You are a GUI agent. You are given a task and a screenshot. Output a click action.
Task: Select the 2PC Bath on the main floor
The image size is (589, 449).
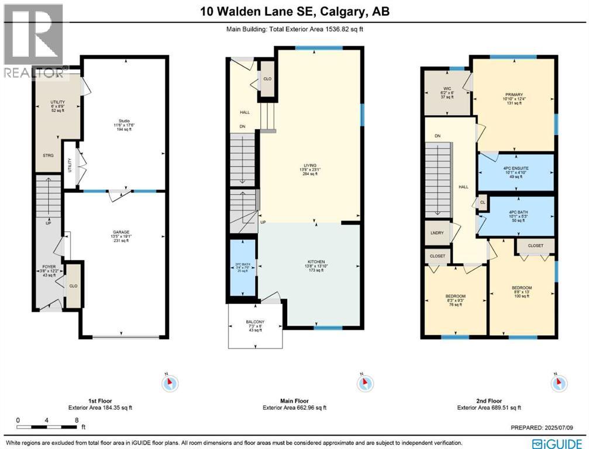[242, 267]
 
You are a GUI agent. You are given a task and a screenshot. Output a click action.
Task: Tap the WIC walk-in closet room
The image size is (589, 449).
[447, 93]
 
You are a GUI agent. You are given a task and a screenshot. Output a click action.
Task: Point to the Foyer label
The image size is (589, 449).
[49, 271]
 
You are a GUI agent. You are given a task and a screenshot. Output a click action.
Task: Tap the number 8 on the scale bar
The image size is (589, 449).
[76, 420]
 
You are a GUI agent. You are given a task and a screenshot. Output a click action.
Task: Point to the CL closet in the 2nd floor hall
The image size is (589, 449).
[483, 202]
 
